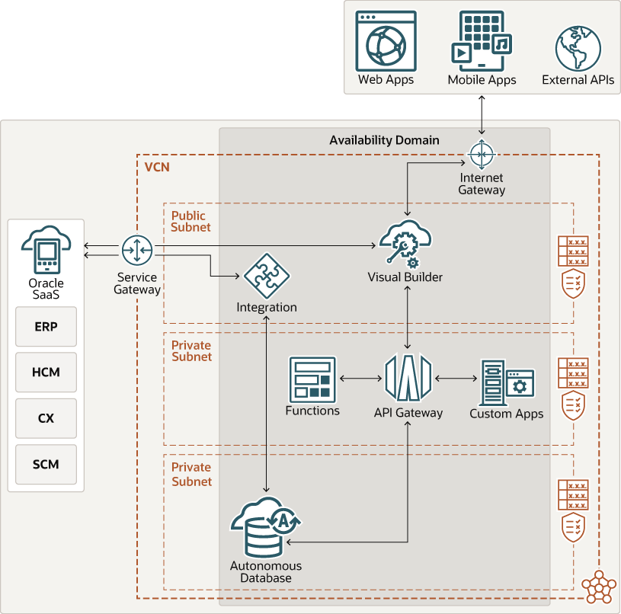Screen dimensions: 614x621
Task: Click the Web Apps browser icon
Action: (x=386, y=41)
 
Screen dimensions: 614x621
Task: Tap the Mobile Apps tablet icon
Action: (x=480, y=41)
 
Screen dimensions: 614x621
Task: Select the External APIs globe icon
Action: (x=578, y=48)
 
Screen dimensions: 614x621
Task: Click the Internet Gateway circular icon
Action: (x=481, y=155)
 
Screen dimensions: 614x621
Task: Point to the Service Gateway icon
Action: (x=137, y=251)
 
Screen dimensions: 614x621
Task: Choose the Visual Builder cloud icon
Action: (x=405, y=243)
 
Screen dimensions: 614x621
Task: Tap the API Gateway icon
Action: (x=408, y=378)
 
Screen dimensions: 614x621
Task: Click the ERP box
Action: (x=46, y=327)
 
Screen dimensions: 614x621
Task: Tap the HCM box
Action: (x=46, y=373)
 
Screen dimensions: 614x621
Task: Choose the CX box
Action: (x=46, y=418)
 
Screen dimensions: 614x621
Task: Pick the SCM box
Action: (x=46, y=464)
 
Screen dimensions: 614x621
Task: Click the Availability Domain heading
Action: (x=384, y=140)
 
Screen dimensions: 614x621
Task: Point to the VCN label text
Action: (x=157, y=167)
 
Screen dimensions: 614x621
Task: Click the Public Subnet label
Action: (x=190, y=222)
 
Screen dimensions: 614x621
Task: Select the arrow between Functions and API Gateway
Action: (x=360, y=378)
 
